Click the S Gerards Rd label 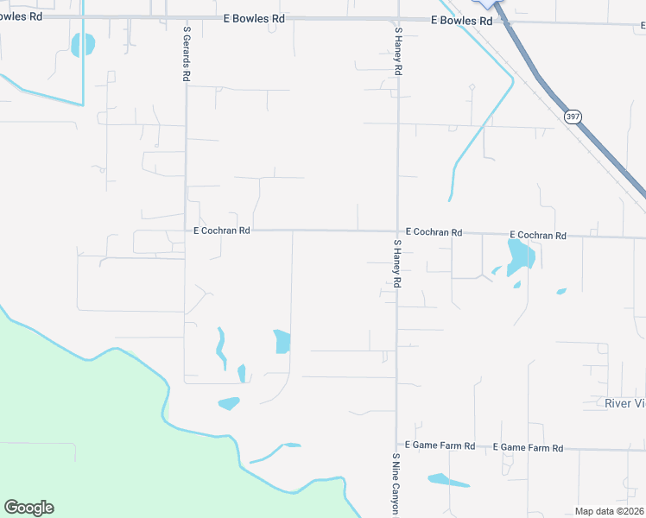point(187,53)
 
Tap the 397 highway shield point(572,116)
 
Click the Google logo point(28,508)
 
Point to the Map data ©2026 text point(609,511)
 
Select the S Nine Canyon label point(396,484)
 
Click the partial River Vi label point(624,403)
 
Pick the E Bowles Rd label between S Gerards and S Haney point(254,18)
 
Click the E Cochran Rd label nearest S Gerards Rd point(221,231)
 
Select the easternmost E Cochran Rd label point(537,235)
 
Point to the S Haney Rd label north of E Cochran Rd point(398,53)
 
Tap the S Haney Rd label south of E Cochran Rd point(397,263)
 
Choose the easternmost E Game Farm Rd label point(528,448)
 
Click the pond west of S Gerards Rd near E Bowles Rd point(83,44)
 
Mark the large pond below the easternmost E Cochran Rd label point(521,256)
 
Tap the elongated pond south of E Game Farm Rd point(447,480)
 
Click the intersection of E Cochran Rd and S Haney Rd point(397,231)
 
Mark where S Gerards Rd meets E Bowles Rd point(187,16)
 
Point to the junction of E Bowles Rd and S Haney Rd point(397,18)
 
